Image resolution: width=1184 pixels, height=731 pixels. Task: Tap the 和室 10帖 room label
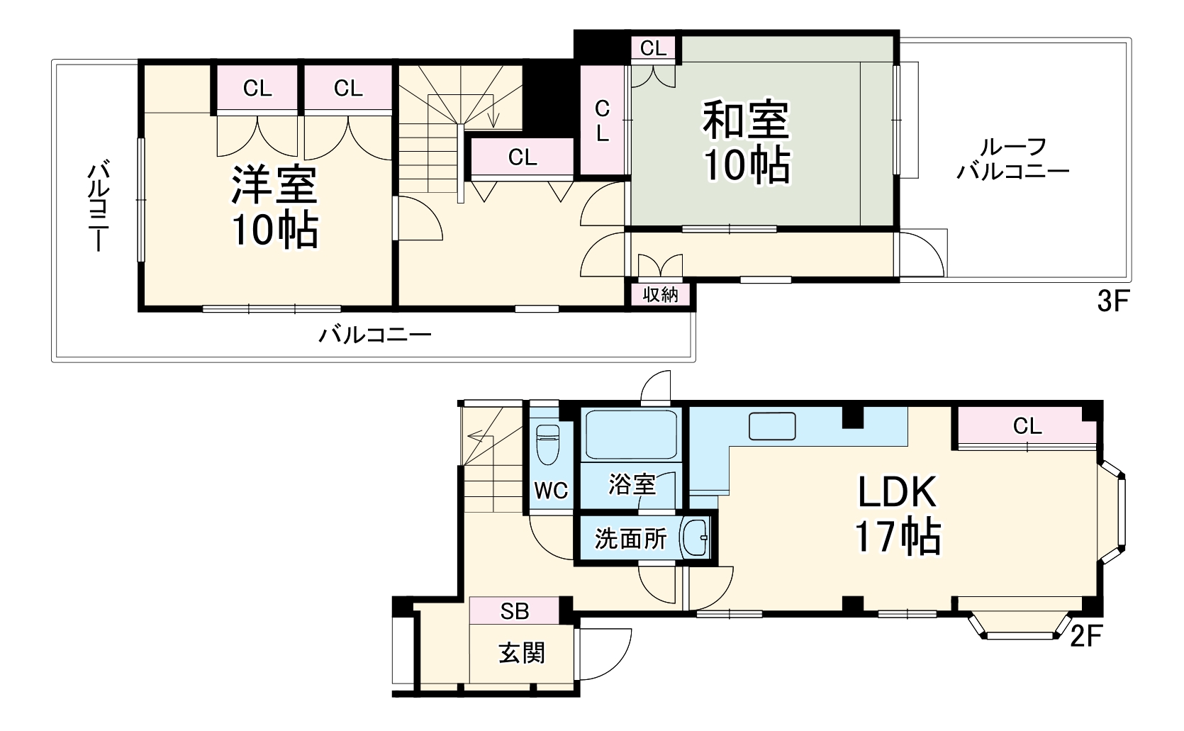[x=746, y=142]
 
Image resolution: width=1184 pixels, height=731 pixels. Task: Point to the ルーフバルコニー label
[x=1012, y=159]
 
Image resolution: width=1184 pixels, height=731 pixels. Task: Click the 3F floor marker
[x=1112, y=303]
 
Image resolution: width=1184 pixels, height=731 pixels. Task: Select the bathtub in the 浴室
[x=630, y=435]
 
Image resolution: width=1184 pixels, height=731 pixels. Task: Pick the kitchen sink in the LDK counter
[x=772, y=426]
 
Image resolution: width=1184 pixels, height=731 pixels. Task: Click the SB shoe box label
[x=515, y=611]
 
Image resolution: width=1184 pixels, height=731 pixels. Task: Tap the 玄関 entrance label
[x=522, y=653]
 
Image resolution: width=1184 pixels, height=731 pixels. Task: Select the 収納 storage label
[x=660, y=295]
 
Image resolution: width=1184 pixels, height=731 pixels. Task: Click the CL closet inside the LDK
[x=1027, y=426]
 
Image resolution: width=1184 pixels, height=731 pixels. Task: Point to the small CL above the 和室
[x=653, y=48]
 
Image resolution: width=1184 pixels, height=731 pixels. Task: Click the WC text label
[x=551, y=491]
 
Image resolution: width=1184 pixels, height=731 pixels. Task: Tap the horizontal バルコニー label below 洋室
[x=374, y=334]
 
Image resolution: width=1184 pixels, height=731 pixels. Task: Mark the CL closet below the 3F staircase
[x=522, y=157]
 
